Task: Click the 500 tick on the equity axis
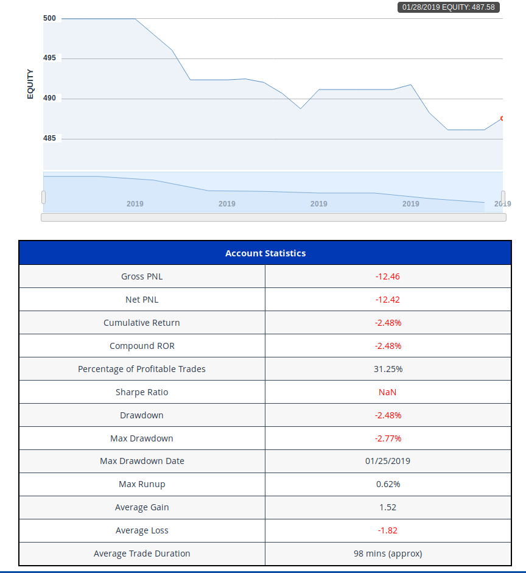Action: [49, 18]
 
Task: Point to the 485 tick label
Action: [49, 138]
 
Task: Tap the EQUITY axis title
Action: [30, 84]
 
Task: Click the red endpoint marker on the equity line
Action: [502, 118]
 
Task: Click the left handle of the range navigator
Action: [43, 197]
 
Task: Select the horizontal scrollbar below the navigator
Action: [273, 217]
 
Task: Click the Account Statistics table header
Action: [265, 253]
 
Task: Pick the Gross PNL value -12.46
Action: [388, 276]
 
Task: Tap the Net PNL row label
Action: [142, 300]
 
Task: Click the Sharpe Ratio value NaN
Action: [388, 392]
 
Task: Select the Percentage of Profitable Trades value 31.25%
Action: [388, 369]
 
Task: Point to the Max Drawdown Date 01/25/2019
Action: [388, 461]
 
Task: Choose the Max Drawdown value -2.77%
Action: [388, 438]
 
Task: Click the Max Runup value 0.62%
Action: [388, 484]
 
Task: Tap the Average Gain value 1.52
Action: [388, 507]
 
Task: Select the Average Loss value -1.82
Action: [388, 530]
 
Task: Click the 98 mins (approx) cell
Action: [388, 554]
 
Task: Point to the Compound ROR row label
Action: [142, 346]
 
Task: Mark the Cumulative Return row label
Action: [142, 323]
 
